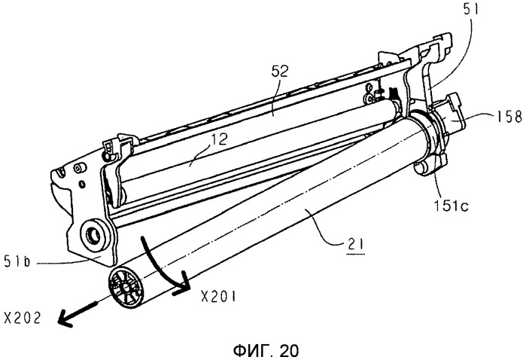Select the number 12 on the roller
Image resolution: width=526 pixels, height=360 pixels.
(x=218, y=139)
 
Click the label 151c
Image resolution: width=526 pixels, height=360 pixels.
(x=451, y=205)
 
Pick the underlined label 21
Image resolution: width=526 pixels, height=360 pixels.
(x=356, y=245)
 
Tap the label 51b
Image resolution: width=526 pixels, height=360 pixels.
(x=17, y=261)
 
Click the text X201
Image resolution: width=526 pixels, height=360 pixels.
(x=218, y=297)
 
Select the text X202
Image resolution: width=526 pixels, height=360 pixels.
(x=22, y=317)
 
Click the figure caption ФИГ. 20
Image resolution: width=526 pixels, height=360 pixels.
(x=266, y=351)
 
